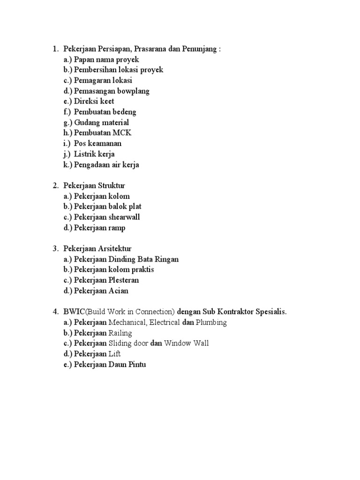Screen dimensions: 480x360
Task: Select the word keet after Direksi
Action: [106, 101]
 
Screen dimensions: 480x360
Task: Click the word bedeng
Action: [124, 112]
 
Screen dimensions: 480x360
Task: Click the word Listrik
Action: [86, 154]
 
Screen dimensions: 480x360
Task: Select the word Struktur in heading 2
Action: [111, 186]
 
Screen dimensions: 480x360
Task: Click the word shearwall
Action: [124, 217]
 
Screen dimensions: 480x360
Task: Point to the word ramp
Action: [117, 228]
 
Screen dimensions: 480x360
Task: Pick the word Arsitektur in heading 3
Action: [114, 248]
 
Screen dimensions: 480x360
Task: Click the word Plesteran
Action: [124, 280]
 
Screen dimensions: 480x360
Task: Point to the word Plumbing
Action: [211, 322]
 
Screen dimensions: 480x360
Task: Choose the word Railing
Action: [120, 333]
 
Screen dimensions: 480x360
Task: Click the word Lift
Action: [114, 354]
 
